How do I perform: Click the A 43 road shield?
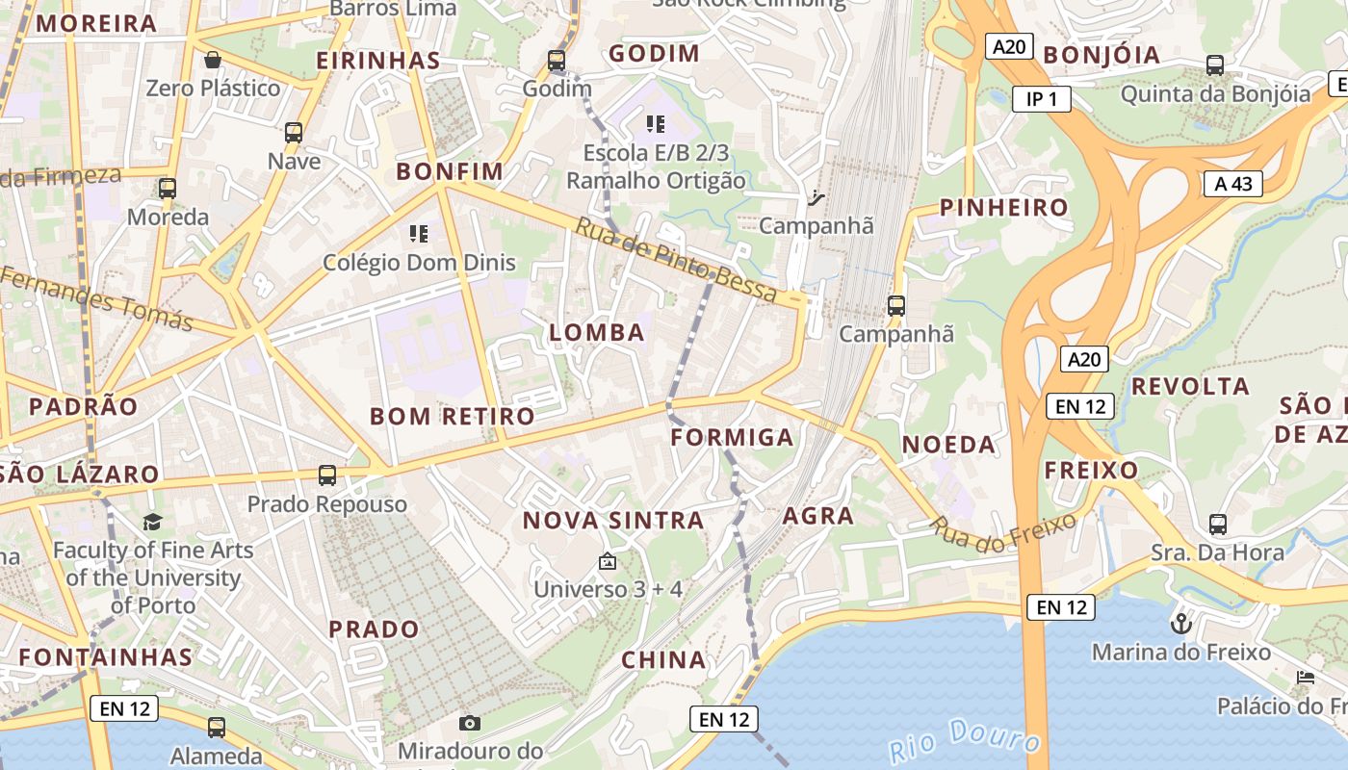pyautogui.click(x=1233, y=183)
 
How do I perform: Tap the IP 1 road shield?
pyautogui.click(x=1042, y=98)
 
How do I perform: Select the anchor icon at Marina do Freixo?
pyautogui.click(x=1180, y=624)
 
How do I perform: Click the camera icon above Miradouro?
pyautogui.click(x=470, y=723)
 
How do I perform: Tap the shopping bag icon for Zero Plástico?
pyautogui.click(x=213, y=61)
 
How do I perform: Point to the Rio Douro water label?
pyautogui.click(x=964, y=740)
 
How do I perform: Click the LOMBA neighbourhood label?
pyautogui.click(x=597, y=333)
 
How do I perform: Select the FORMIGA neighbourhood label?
pyautogui.click(x=733, y=438)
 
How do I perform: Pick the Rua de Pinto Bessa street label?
pyautogui.click(x=676, y=260)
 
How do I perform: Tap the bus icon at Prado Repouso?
pyautogui.click(x=327, y=475)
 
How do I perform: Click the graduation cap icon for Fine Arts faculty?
pyautogui.click(x=152, y=522)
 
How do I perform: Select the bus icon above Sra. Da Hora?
pyautogui.click(x=1218, y=525)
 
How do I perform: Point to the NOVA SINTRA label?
pyautogui.click(x=613, y=521)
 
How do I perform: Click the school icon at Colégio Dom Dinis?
pyautogui.click(x=418, y=234)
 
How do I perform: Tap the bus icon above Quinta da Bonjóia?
pyautogui.click(x=1215, y=65)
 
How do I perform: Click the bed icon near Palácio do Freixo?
pyautogui.click(x=1305, y=678)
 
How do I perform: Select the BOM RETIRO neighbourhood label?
pyautogui.click(x=453, y=417)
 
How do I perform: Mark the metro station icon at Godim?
pyautogui.click(x=556, y=61)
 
